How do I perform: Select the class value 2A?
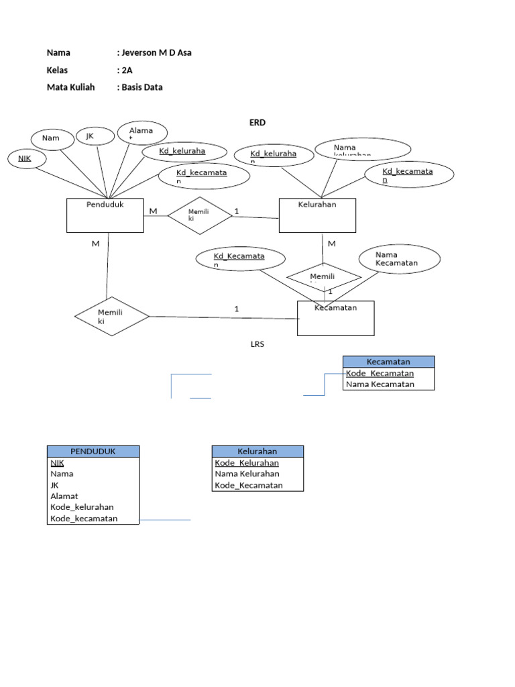point(127,70)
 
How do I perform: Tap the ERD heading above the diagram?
point(258,123)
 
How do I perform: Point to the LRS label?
point(258,344)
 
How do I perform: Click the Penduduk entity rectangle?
point(105,215)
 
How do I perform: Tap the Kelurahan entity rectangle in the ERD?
point(317,215)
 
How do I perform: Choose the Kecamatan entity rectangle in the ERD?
point(335,318)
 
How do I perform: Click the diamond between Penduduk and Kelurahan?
point(199,215)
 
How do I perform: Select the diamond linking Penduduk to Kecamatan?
point(111,316)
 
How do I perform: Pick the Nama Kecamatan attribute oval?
point(399,259)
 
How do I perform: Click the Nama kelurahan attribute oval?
point(363,149)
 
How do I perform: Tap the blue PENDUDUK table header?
point(93,452)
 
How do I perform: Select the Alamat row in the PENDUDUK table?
point(64,496)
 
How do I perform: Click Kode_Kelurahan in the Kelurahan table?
point(247,463)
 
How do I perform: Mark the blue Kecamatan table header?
point(388,362)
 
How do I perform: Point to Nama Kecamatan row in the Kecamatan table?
point(380,384)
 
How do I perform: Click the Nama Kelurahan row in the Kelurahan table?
point(247,474)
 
